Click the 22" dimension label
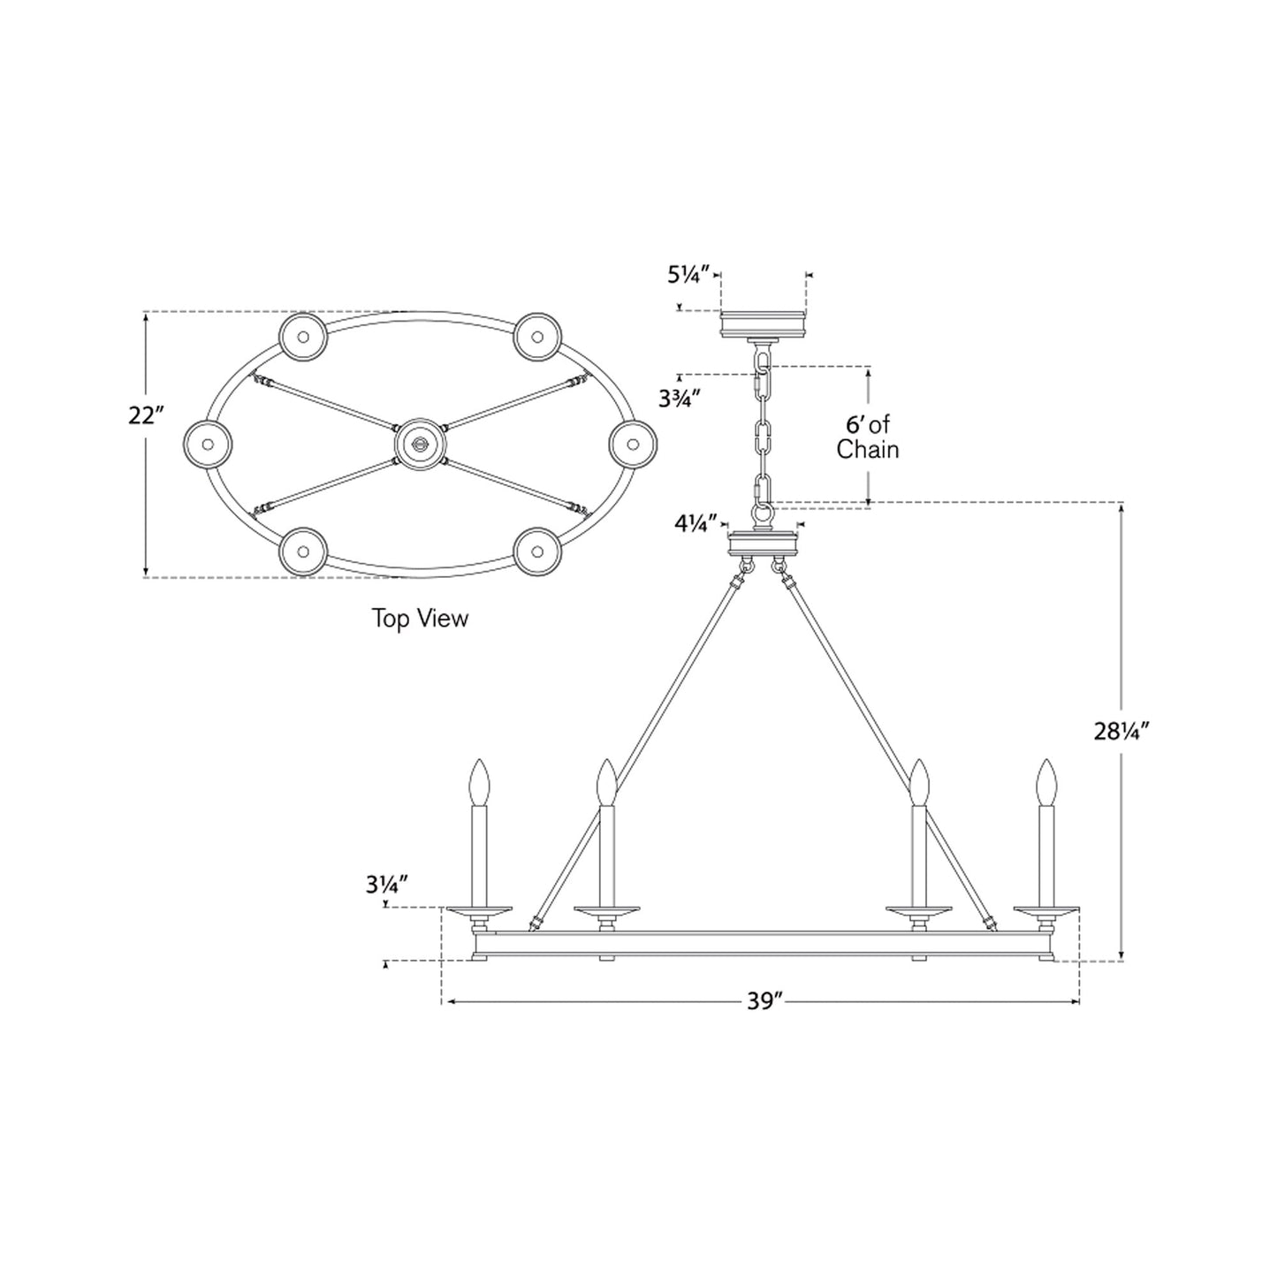pos(146,415)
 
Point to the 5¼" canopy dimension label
pos(689,274)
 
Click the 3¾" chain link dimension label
pos(680,399)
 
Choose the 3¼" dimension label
pos(386,885)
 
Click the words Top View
pos(420,619)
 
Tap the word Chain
pos(868,449)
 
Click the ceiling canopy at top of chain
pos(763,324)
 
